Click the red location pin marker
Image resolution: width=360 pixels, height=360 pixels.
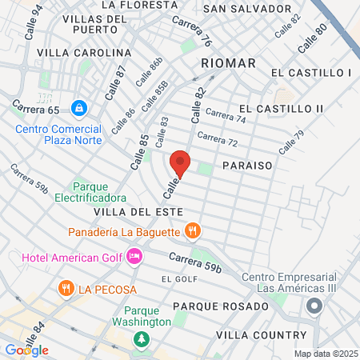coord(180,163)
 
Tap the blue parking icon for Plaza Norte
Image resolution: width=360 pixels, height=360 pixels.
coord(78,107)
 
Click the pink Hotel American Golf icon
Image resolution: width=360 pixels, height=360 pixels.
coord(135,256)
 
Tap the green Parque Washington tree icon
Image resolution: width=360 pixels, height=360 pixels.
coord(142,339)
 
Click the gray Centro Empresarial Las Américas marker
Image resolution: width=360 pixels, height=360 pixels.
coord(314,306)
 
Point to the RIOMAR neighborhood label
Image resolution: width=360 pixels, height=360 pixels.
coord(229,62)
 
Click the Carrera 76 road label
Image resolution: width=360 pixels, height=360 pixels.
coord(194,33)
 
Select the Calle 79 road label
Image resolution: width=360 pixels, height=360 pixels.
coord(291,142)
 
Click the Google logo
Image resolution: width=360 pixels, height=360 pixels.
coord(26,350)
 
